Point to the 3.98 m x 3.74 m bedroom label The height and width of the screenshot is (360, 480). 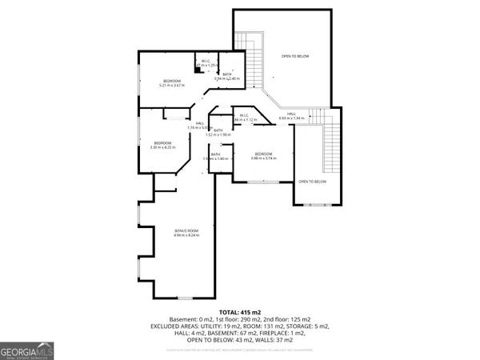click(263, 155)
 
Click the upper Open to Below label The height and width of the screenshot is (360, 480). click(294, 57)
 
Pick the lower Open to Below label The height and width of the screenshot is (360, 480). click(312, 182)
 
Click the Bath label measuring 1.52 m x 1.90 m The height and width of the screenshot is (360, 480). click(218, 132)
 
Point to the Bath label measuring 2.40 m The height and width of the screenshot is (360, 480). click(227, 77)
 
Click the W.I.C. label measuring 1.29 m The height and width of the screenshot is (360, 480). click(205, 63)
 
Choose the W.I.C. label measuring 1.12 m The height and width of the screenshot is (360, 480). click(245, 118)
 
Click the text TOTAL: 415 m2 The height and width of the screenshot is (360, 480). click(240, 312)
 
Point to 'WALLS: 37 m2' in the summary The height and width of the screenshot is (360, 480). click(275, 338)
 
